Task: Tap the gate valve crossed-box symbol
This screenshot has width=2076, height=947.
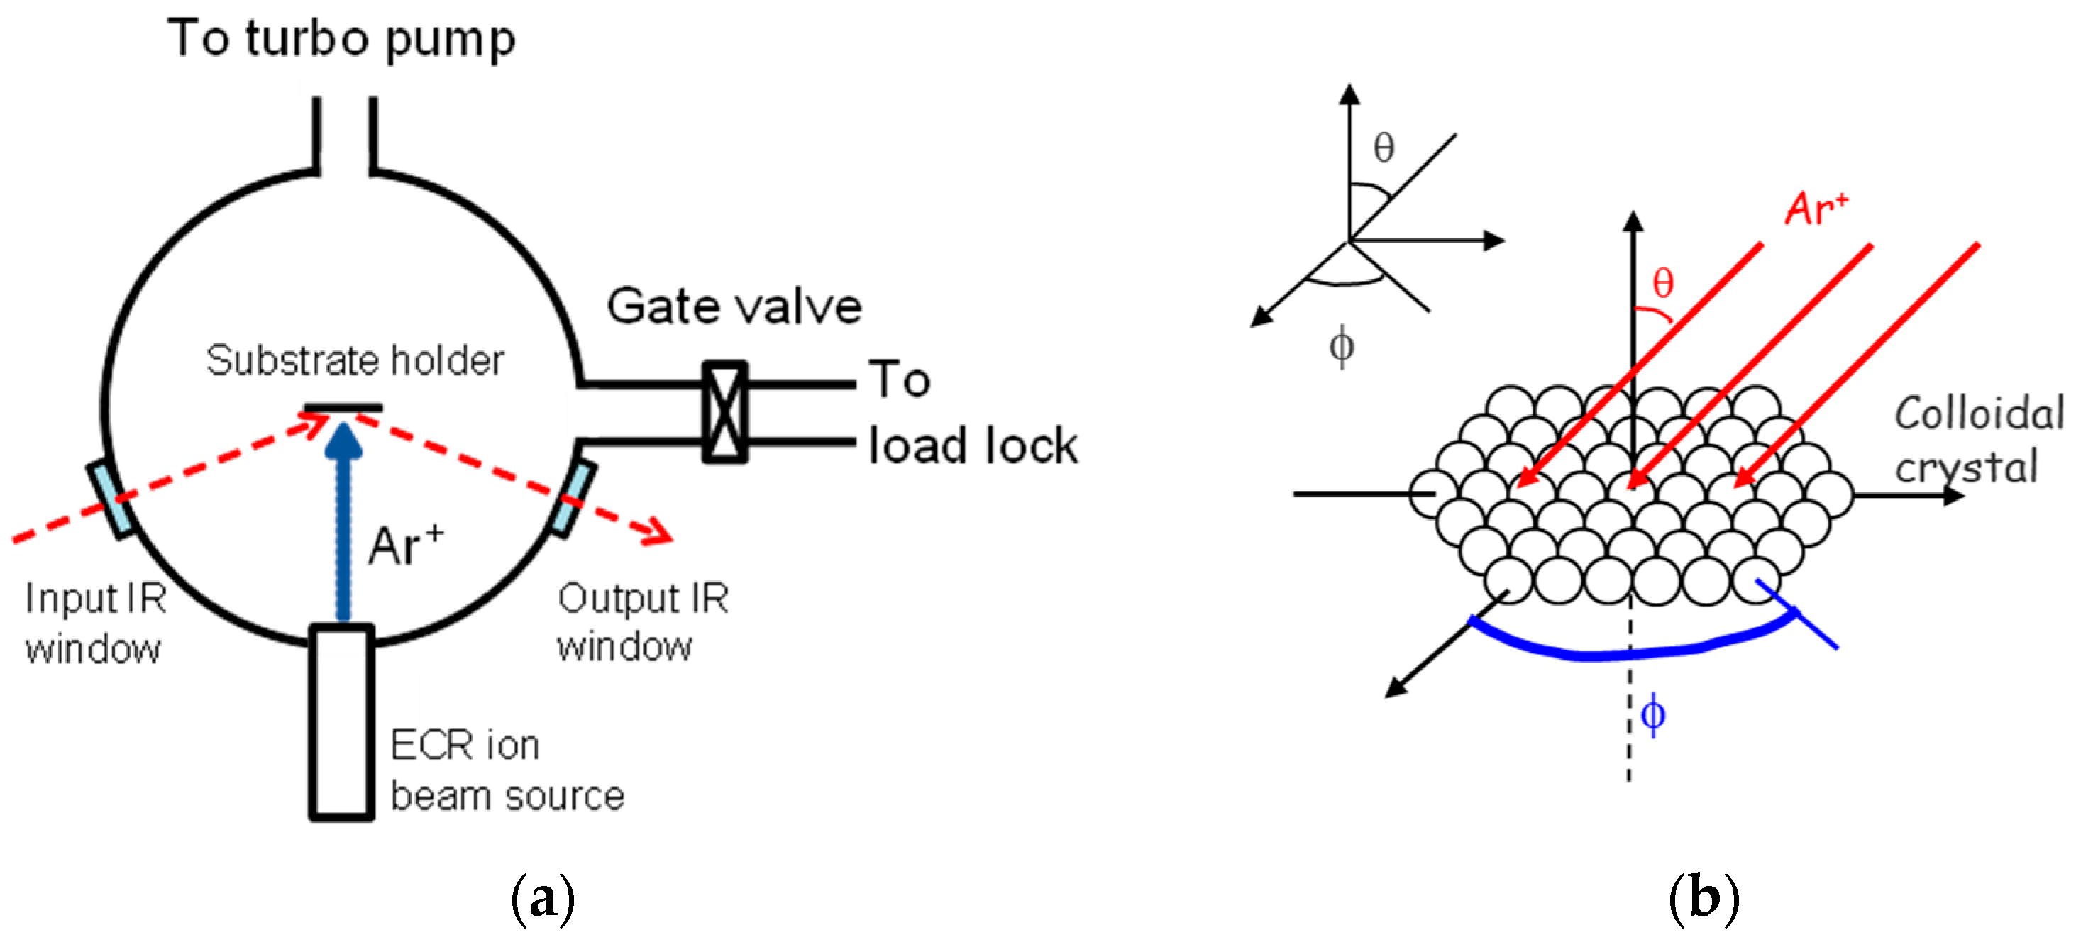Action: (x=724, y=412)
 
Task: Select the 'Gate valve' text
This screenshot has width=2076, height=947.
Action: (x=734, y=307)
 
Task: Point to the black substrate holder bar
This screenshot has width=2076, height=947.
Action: (x=343, y=408)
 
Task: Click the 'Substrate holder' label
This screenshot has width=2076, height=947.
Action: (x=355, y=360)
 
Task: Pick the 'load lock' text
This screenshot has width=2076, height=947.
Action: (x=973, y=445)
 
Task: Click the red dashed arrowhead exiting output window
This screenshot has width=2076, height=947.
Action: (x=658, y=532)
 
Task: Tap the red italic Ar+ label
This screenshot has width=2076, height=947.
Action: (x=1816, y=209)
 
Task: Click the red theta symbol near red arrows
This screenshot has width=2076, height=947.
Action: (x=1662, y=284)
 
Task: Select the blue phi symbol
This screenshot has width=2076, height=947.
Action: (x=1653, y=714)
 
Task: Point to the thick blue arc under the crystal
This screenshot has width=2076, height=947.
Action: (x=1628, y=651)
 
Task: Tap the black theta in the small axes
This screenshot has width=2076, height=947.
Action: (x=1384, y=148)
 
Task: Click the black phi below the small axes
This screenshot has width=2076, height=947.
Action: (x=1341, y=348)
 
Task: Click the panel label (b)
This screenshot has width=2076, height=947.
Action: (x=1703, y=898)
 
